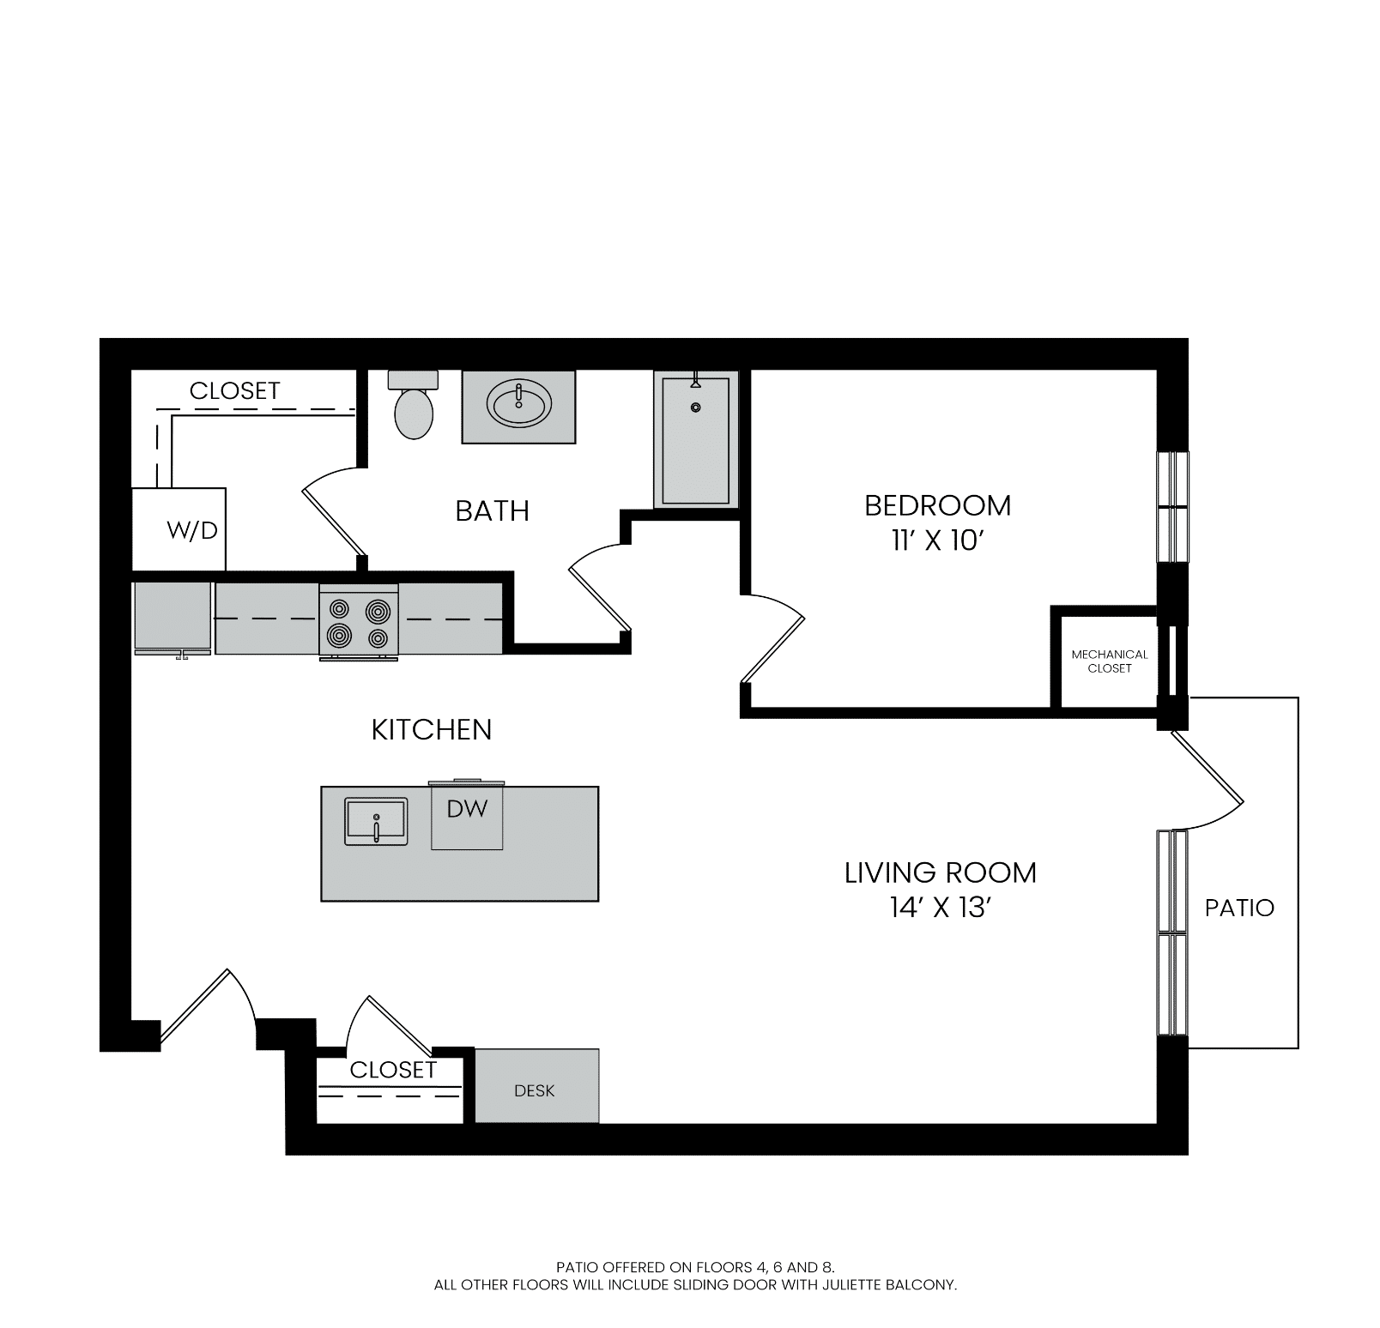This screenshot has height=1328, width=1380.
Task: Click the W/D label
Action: click(192, 530)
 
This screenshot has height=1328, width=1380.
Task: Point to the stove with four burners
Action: click(359, 620)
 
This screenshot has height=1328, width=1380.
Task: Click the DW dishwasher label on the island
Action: click(467, 808)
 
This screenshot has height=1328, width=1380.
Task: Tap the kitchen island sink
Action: click(377, 821)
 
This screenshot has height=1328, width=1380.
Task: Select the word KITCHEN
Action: click(432, 730)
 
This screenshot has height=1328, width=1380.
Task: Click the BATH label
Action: click(493, 511)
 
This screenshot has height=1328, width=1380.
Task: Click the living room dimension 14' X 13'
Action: click(941, 908)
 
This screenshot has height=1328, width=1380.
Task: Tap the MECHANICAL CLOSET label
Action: click(1110, 661)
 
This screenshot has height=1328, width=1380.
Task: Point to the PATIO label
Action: click(1239, 908)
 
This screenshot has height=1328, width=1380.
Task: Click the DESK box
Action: click(536, 1085)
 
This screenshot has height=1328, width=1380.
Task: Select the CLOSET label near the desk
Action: click(393, 1070)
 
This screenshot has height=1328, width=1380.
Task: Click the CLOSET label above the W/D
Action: click(235, 390)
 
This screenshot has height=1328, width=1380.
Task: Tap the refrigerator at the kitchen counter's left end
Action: click(172, 619)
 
